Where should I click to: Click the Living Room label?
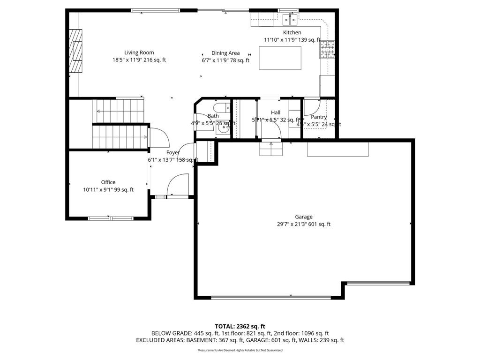pyautogui.click(x=139, y=52)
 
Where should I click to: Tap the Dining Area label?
pyautogui.click(x=225, y=53)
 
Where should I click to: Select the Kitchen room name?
pyautogui.click(x=292, y=32)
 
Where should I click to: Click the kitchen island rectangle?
pyautogui.click(x=280, y=58)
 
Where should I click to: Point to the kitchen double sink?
pyautogui.click(x=290, y=19)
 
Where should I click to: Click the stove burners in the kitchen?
pyautogui.click(x=328, y=49)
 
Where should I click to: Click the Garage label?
pyautogui.click(x=304, y=217)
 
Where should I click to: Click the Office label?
pyautogui.click(x=108, y=182)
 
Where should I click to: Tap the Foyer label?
pyautogui.click(x=173, y=152)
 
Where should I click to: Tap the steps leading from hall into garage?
pyautogui.click(x=271, y=149)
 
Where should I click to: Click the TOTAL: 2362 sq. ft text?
pyautogui.click(x=240, y=326)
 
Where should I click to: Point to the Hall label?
pyautogui.click(x=276, y=112)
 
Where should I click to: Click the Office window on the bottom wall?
pyautogui.click(x=111, y=218)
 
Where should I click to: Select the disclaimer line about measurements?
pyautogui.click(x=240, y=350)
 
